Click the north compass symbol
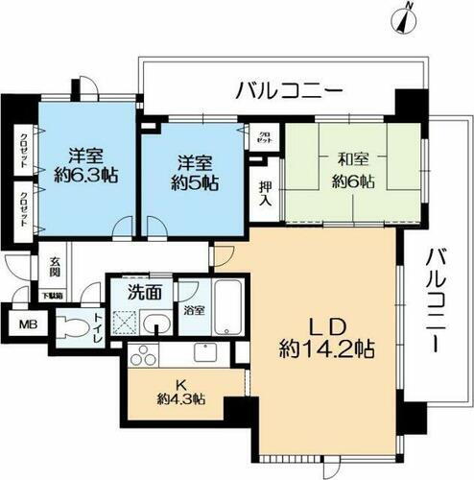(407, 16)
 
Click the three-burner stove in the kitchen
(139, 356)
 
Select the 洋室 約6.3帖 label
(87, 164)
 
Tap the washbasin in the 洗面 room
(154, 319)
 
